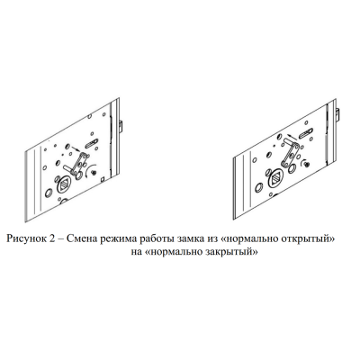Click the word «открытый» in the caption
coord(305,239)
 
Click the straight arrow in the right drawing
coord(292,137)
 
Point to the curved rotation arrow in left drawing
coord(89,169)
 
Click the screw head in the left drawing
coord(94,173)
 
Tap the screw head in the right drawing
coord(306,164)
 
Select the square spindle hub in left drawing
coord(64,186)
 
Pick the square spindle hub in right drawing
coord(276,178)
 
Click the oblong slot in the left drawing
coord(91,143)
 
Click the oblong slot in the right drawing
coord(307,132)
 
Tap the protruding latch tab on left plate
coord(121,127)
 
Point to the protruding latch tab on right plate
coord(337,115)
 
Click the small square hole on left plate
coord(103,179)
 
